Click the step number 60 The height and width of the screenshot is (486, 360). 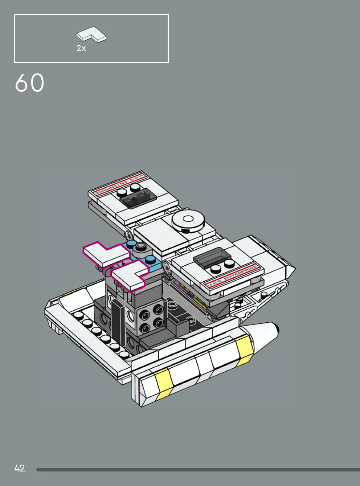(30, 83)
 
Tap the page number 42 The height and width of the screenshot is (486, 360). (20, 468)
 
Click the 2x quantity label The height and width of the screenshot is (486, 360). (81, 48)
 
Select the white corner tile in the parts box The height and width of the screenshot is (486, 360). (91, 34)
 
